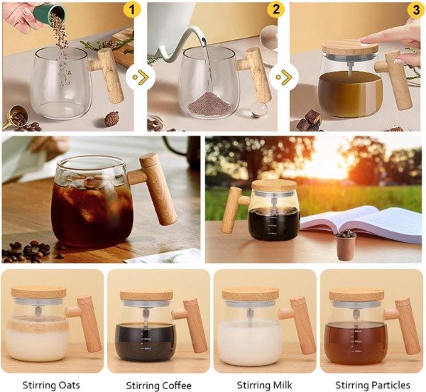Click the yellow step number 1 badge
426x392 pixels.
132,10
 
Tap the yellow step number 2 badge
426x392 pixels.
275,9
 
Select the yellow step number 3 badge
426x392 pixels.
417,11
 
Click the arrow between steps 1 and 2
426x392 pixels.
141,77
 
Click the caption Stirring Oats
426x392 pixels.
51,385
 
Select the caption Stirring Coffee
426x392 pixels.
158,385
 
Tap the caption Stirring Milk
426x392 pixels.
264,385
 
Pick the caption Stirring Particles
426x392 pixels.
373,385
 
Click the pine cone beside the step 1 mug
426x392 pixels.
111,119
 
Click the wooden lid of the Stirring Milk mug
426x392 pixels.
250,294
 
